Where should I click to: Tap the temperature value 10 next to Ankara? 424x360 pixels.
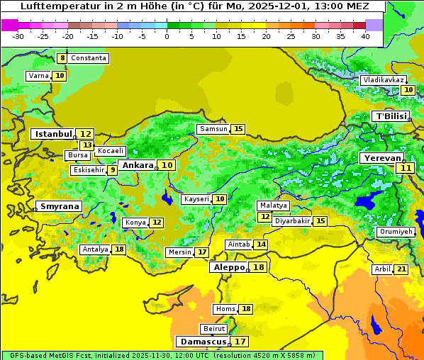click(x=167, y=165)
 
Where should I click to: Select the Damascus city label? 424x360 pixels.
click(x=203, y=341)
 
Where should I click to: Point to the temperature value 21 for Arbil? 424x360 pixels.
click(x=401, y=269)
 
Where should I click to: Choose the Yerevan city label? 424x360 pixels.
click(x=381, y=158)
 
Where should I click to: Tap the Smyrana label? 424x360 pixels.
click(x=59, y=206)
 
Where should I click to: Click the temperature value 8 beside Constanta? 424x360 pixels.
click(x=62, y=58)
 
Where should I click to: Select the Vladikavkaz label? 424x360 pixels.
click(x=384, y=80)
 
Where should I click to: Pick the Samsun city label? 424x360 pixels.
click(x=213, y=129)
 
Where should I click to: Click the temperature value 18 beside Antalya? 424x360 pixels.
click(x=119, y=249)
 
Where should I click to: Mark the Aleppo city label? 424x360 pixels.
click(x=228, y=267)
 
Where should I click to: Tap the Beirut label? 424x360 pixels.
click(x=214, y=329)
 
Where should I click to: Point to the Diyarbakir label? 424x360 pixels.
click(x=292, y=221)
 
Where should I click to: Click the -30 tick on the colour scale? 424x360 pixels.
click(x=18, y=36)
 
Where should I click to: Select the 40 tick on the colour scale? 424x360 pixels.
click(x=365, y=36)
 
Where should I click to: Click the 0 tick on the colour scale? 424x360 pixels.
click(x=167, y=36)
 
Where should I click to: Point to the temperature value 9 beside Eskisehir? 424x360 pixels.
click(x=112, y=170)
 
